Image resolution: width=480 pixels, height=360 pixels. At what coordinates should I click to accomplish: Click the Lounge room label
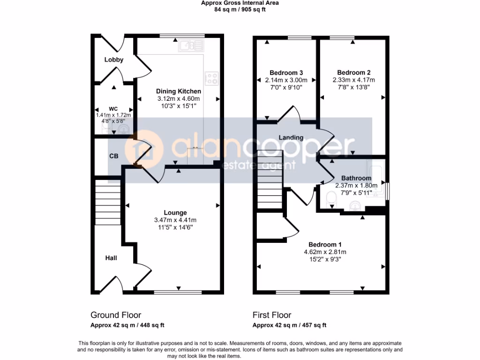coord(175,212)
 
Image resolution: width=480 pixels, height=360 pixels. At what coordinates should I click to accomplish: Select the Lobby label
coord(113,60)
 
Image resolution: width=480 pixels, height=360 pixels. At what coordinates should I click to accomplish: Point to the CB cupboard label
coord(113,156)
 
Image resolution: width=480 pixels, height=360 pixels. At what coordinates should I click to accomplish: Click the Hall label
coord(111,258)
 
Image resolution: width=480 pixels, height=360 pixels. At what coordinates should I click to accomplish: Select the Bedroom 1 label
coord(325,244)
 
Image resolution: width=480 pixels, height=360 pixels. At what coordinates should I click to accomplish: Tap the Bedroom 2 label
coord(353,72)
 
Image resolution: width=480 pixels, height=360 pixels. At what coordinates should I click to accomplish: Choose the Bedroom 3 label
coord(286,72)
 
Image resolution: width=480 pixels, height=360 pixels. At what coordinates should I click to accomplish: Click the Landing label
coord(291,137)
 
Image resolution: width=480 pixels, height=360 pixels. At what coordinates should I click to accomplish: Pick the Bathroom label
coord(356,178)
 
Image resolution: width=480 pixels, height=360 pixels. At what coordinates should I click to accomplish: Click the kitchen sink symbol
coord(191,45)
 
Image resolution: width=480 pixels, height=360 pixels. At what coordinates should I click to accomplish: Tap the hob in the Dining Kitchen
coord(212,78)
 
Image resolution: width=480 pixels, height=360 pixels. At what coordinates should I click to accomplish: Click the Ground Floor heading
coord(115,315)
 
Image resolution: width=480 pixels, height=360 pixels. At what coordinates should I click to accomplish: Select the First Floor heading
coord(272,315)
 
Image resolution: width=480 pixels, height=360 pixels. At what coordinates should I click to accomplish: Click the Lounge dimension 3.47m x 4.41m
coord(175,220)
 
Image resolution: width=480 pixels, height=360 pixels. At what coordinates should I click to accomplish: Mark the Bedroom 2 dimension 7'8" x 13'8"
coord(353,87)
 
